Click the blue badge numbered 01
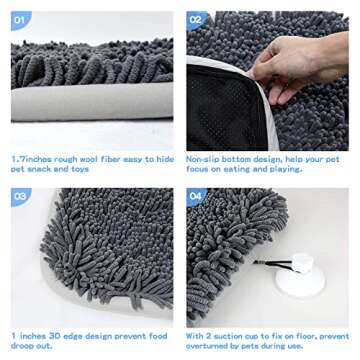click(x=21, y=19)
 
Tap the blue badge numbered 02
click(x=197, y=19)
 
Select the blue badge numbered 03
click(x=21, y=196)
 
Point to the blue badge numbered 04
click(x=197, y=196)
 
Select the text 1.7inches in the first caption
click(x=31, y=159)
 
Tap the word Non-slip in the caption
click(x=203, y=159)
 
